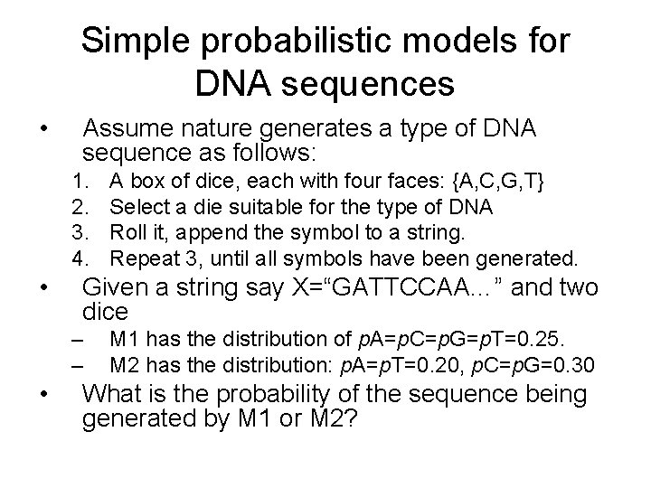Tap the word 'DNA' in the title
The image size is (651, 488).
click(x=233, y=85)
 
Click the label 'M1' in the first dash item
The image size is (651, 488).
click(x=126, y=341)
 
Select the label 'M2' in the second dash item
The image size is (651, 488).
click(x=126, y=365)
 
